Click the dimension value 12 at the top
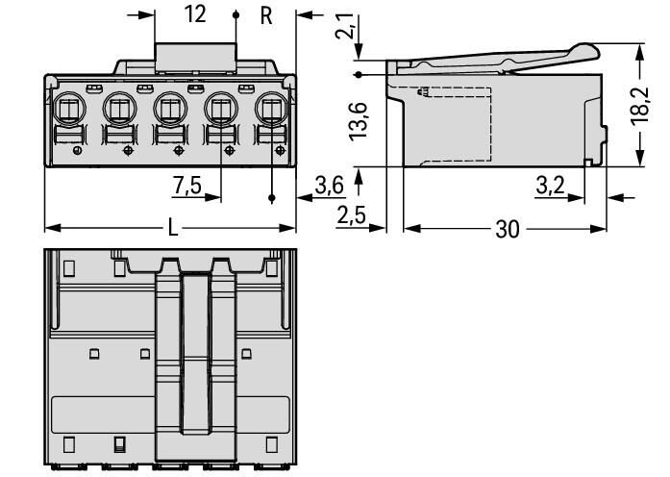click(195, 14)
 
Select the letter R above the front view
click(266, 15)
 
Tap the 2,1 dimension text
click(345, 27)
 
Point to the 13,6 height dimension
click(359, 121)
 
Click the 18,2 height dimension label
click(640, 106)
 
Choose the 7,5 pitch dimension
click(187, 185)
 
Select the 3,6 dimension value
click(329, 185)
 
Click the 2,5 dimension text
click(351, 214)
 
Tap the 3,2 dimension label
click(550, 185)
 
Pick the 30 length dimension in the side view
click(508, 229)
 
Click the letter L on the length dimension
click(172, 228)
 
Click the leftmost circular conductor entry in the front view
click(69, 109)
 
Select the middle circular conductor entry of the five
click(170, 109)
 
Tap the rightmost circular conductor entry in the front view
click(272, 109)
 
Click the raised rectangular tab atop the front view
click(195, 58)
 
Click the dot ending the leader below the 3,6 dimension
click(272, 198)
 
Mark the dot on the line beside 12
click(236, 15)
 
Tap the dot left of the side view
click(359, 75)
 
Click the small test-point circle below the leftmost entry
click(77, 150)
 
